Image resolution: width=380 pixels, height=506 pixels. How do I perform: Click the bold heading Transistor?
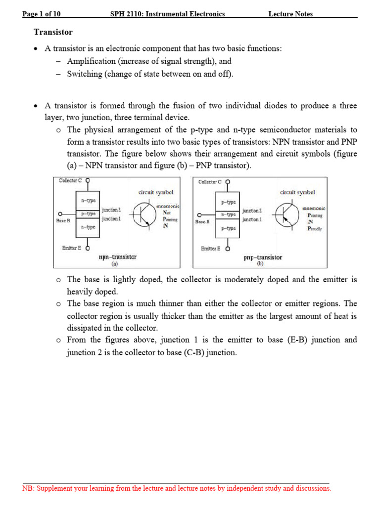click(53, 32)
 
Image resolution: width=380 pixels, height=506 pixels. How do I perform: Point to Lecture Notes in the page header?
click(290, 14)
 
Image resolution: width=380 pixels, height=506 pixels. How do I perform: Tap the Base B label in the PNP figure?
click(202, 222)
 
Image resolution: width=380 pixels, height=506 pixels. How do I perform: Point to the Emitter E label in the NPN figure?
click(72, 248)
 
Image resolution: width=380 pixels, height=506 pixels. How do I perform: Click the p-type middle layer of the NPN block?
click(88, 213)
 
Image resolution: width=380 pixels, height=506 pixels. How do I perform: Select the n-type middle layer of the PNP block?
click(228, 214)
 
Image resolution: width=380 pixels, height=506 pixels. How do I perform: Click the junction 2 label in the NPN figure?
click(111, 210)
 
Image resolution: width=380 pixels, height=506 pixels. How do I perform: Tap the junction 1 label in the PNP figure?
click(252, 219)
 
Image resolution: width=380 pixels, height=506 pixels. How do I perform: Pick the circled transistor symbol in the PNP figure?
click(286, 215)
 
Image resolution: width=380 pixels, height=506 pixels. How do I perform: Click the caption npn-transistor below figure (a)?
click(118, 257)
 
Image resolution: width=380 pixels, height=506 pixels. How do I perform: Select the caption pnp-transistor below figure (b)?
click(263, 257)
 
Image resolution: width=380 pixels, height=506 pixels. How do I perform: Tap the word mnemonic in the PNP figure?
click(314, 209)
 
